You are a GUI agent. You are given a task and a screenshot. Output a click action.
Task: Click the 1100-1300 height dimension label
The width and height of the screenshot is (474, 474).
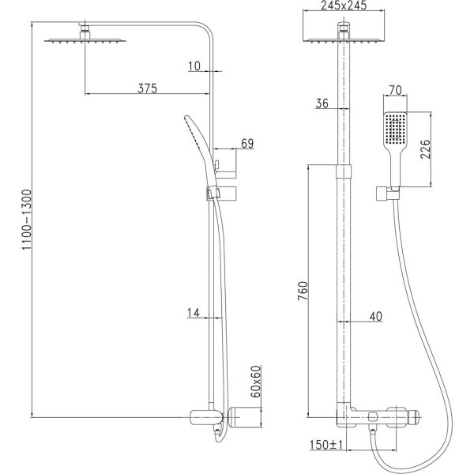(27, 220)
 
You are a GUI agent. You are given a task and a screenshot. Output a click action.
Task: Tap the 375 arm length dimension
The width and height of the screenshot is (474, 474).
(148, 88)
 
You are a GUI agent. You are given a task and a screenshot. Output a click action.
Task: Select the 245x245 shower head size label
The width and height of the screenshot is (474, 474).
(344, 6)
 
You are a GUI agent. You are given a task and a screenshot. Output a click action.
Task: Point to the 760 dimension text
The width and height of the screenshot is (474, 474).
(303, 291)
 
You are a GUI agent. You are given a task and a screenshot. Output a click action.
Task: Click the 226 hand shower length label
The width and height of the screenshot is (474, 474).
(425, 149)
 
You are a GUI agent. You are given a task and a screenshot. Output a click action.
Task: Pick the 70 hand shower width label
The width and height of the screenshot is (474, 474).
(395, 90)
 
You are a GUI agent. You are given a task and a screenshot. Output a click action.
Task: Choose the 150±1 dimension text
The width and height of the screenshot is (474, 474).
(326, 445)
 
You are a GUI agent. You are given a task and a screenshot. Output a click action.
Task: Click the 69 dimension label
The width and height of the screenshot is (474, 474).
(247, 143)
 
